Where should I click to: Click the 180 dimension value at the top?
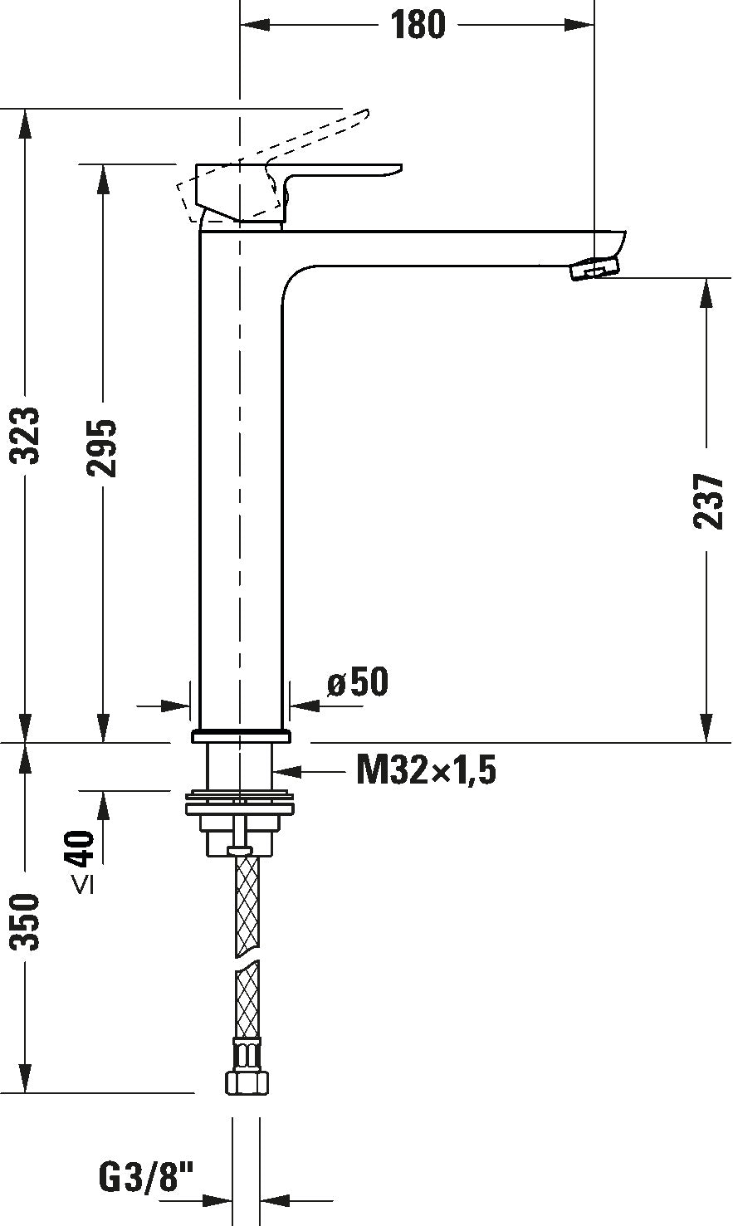pyautogui.click(x=418, y=25)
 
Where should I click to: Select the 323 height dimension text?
pyautogui.click(x=27, y=436)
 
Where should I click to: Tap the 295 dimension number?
pyautogui.click(x=103, y=448)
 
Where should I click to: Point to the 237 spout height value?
pyautogui.click(x=707, y=501)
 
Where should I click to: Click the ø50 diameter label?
pyautogui.click(x=358, y=682)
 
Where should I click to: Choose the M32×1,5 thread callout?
pyautogui.click(x=426, y=771)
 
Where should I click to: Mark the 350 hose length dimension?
pyautogui.click(x=27, y=921)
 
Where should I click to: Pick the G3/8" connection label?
pyautogui.click(x=146, y=1176)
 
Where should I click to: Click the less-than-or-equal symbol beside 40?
pyautogui.click(x=83, y=886)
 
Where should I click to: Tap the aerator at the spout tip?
pyautogui.click(x=594, y=270)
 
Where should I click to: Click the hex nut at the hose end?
pyautogui.click(x=247, y=1082)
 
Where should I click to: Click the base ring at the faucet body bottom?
pyautogui.click(x=241, y=735)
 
